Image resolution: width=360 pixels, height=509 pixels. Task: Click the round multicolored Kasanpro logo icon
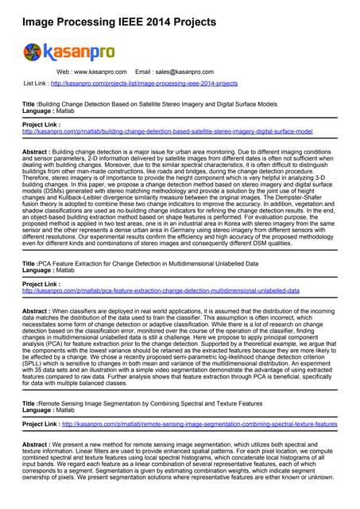point(33,52)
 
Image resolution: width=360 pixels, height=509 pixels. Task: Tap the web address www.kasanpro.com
point(99,72)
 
